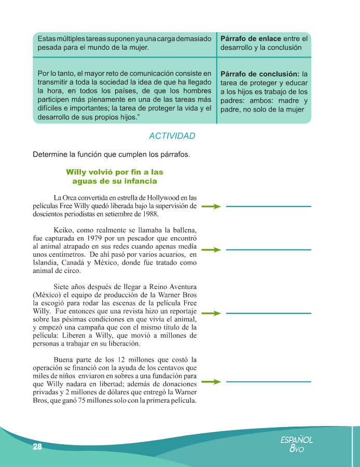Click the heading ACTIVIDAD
tap(172, 136)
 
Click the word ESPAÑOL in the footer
tap(297, 439)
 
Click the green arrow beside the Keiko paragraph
tap(211, 250)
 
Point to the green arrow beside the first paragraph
tap(211, 206)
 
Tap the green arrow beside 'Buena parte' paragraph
tap(211, 382)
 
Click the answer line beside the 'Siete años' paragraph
tap(269, 313)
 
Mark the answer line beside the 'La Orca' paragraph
tap(269, 207)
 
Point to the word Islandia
tap(46, 263)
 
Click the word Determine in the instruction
tap(50, 155)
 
